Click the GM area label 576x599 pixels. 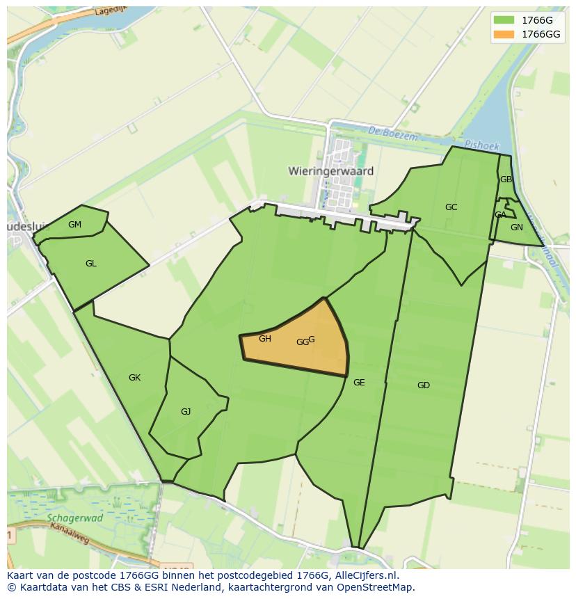(75, 224)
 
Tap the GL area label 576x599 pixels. (91, 264)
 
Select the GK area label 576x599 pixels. (135, 378)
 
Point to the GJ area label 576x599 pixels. (186, 412)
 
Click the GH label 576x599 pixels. (264, 339)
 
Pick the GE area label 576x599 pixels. (359, 383)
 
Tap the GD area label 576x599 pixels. (424, 385)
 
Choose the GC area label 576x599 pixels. (451, 207)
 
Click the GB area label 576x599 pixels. (506, 179)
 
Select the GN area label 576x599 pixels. (516, 227)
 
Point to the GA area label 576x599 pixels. (501, 215)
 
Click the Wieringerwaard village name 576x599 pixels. (330, 170)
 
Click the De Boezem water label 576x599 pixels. (393, 134)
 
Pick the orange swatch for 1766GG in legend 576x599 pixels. (504, 34)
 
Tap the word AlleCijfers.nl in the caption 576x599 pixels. (364, 576)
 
